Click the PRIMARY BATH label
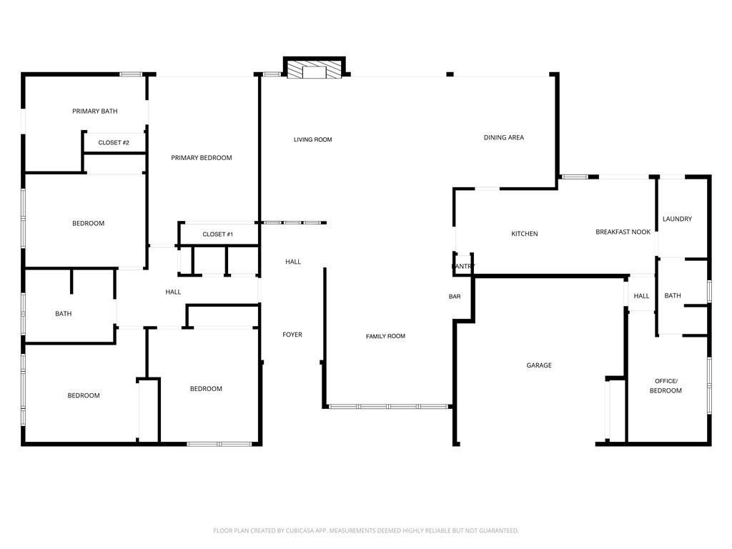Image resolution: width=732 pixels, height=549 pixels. click(x=95, y=111)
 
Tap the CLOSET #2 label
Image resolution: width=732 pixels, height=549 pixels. click(x=114, y=142)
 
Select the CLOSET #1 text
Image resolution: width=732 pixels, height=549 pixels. click(x=217, y=234)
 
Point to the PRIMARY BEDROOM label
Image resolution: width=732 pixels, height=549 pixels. click(x=201, y=158)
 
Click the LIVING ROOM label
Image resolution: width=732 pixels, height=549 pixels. click(x=313, y=139)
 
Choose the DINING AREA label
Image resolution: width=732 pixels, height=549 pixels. click(x=504, y=137)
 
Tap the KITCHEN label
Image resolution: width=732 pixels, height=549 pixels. click(x=524, y=234)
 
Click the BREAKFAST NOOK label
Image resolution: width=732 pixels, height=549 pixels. click(x=623, y=232)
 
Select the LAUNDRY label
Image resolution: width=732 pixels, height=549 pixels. click(x=677, y=219)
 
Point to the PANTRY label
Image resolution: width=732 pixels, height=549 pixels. click(x=463, y=266)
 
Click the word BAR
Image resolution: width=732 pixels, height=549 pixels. click(x=455, y=297)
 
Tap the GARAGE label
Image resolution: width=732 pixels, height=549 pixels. click(x=539, y=365)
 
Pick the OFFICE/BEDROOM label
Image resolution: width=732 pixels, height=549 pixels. click(x=666, y=385)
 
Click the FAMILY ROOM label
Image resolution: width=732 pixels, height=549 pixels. click(x=385, y=336)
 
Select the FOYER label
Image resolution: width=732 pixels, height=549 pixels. click(x=292, y=335)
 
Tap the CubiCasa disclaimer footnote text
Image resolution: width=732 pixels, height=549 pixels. click(x=366, y=531)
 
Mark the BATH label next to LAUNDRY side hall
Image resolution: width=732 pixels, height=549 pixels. click(x=672, y=295)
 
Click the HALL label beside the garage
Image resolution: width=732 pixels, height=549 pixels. click(x=641, y=296)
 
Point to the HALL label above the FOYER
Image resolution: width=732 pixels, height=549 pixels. click(x=293, y=262)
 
